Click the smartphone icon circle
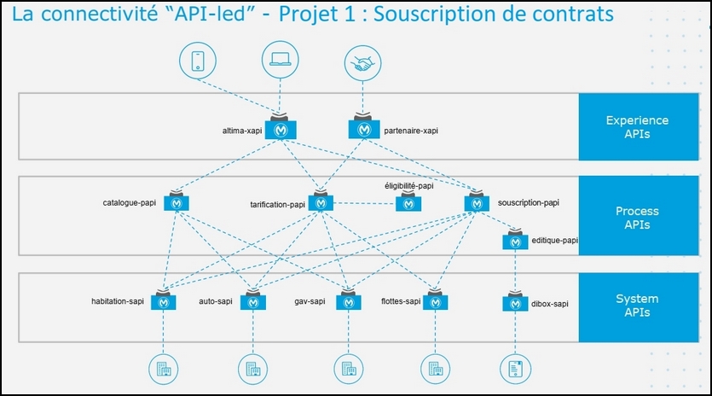(198, 61)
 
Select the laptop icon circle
(281, 60)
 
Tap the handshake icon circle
(362, 63)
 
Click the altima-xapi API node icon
(281, 127)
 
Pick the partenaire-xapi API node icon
(364, 126)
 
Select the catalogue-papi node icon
(177, 201)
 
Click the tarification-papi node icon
(321, 201)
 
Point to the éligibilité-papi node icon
(408, 202)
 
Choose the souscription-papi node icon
(477, 201)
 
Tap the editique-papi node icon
(515, 240)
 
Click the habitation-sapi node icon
(164, 300)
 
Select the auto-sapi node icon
(253, 300)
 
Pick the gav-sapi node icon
(349, 300)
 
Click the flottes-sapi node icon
(435, 300)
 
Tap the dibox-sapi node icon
(515, 301)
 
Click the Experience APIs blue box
(639, 127)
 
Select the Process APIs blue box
(639, 216)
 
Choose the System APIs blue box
(639, 307)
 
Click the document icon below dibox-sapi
(515, 370)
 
